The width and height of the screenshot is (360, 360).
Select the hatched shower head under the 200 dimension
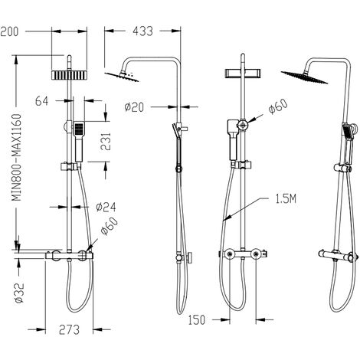[69, 75]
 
